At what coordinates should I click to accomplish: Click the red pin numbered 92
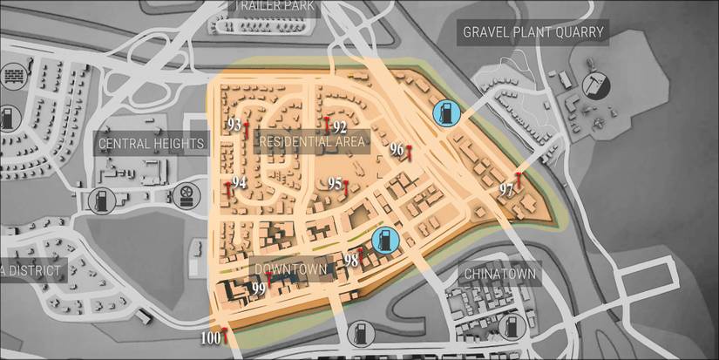click(x=327, y=126)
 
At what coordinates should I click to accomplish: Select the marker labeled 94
click(x=228, y=189)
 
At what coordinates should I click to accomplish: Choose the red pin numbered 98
click(x=361, y=254)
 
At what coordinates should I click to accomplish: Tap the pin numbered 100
click(x=225, y=335)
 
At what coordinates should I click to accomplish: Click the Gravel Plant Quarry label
click(x=533, y=33)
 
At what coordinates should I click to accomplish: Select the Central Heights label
click(x=151, y=143)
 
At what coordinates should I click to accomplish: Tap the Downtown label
click(x=290, y=269)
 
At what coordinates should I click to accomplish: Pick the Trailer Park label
click(x=270, y=5)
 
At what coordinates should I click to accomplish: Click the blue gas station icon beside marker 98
click(x=385, y=239)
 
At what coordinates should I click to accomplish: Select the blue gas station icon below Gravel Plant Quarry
click(x=445, y=112)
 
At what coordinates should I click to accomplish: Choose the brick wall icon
click(x=14, y=76)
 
